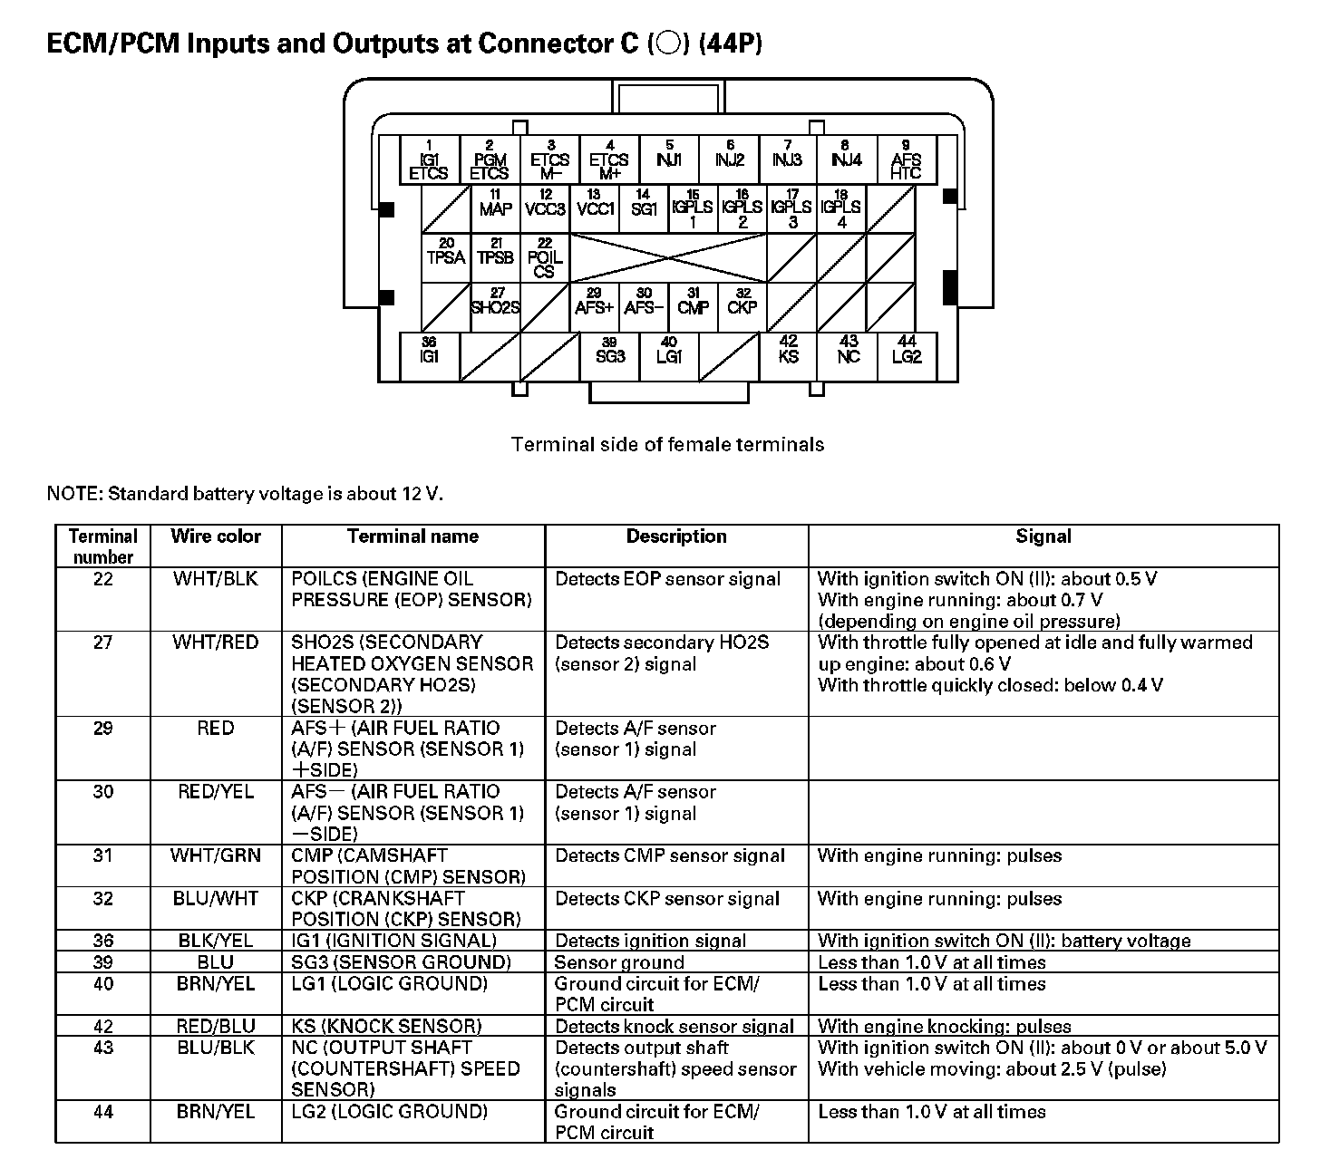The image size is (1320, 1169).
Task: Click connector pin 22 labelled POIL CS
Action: (545, 258)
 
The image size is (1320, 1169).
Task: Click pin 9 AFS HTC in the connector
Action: (905, 160)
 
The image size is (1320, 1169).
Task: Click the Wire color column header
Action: (216, 536)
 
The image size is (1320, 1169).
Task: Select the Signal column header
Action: (1043, 536)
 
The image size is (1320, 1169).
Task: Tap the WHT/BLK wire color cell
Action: (216, 579)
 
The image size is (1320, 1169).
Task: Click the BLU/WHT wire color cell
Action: (216, 899)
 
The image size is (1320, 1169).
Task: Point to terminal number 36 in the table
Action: (103, 941)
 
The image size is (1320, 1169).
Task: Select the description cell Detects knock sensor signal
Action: (675, 1027)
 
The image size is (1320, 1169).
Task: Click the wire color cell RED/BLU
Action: (216, 1027)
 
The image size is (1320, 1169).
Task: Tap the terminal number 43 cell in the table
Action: (103, 1048)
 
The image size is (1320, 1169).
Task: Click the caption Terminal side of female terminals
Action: (667, 444)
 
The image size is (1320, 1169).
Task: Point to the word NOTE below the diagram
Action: (73, 494)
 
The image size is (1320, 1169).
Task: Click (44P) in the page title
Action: (730, 43)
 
